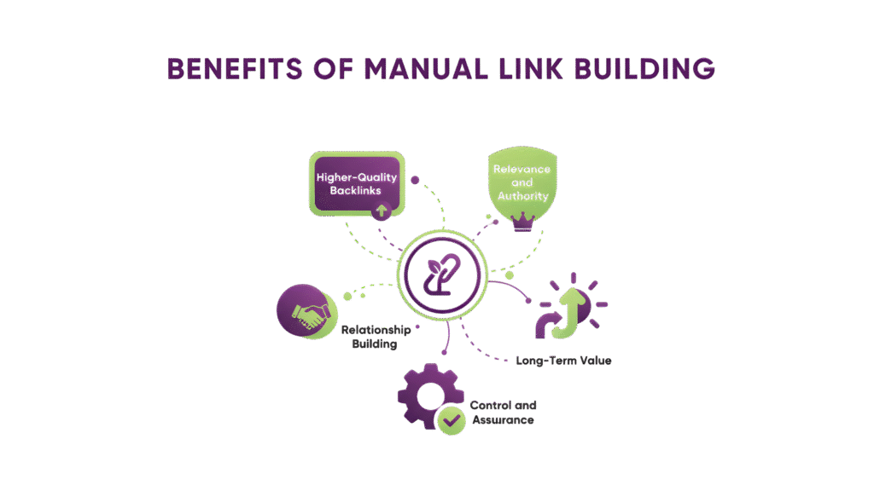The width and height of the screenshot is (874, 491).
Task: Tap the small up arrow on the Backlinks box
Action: pos(382,209)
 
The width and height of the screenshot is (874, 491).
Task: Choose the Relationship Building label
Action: pos(376,337)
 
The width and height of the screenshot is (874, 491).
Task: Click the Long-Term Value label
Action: pos(563,361)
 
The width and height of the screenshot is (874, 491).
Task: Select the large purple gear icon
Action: pos(427,396)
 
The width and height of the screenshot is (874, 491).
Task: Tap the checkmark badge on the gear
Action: pos(451,420)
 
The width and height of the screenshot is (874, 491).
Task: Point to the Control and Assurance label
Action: pos(503,413)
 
